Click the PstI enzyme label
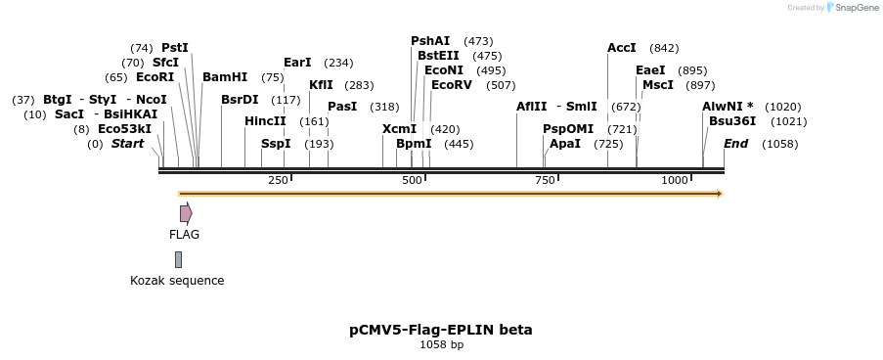(175, 47)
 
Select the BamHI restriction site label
(225, 77)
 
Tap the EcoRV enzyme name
(452, 85)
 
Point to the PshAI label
(430, 40)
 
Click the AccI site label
(622, 47)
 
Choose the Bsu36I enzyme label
(732, 121)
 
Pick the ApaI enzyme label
(565, 144)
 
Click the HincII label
(265, 121)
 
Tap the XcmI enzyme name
(399, 129)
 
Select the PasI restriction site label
(342, 107)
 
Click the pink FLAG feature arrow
(185, 213)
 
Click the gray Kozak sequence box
(178, 259)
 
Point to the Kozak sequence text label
(177, 281)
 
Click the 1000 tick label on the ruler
(675, 181)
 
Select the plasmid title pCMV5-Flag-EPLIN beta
(441, 330)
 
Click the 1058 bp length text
(441, 344)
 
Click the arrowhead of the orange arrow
(719, 194)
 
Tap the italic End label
(735, 144)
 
